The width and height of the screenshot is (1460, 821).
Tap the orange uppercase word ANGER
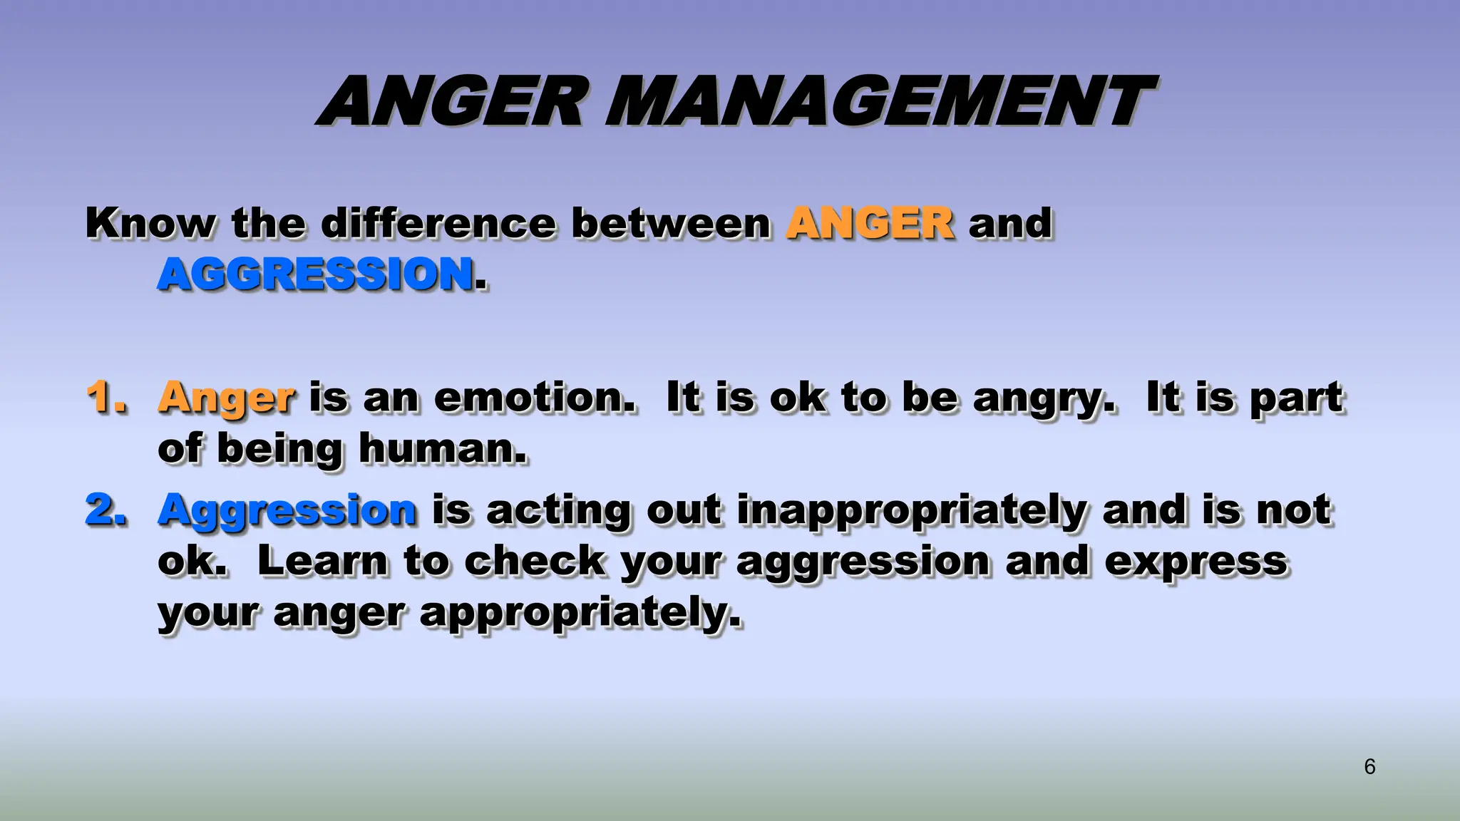click(x=870, y=223)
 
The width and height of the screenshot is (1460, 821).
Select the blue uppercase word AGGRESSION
click(x=316, y=274)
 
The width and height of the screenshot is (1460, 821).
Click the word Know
click(x=150, y=223)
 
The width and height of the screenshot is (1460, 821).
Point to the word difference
click(x=438, y=223)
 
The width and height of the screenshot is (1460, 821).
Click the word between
click(x=671, y=223)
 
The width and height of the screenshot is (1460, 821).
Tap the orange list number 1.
click(x=106, y=397)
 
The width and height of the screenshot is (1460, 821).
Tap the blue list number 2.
click(x=106, y=510)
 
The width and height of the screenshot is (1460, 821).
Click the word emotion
click(x=534, y=397)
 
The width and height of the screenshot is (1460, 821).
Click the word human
click(x=442, y=449)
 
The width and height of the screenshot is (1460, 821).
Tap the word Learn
click(x=322, y=561)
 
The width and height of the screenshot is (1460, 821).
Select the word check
click(x=535, y=561)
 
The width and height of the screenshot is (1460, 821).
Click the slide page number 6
click(x=1369, y=767)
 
